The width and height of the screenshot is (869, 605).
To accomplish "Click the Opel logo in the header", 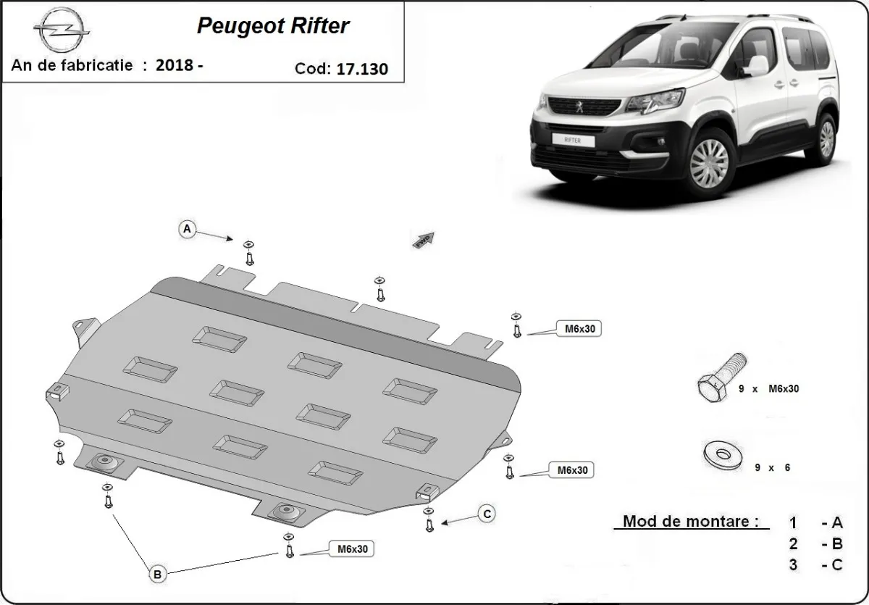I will [x=62, y=31].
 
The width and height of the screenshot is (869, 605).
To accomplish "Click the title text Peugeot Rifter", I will [x=273, y=27].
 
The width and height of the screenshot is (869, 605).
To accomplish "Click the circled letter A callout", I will [x=187, y=230].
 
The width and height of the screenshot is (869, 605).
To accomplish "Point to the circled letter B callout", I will [x=158, y=575].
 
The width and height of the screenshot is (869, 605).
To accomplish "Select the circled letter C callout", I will [x=487, y=514].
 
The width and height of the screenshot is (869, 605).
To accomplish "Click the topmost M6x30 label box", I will [x=578, y=328].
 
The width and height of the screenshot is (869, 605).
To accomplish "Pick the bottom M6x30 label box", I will [x=351, y=549].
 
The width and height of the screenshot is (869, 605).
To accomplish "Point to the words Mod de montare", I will [x=692, y=522].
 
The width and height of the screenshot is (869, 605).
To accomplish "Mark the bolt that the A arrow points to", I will [x=249, y=253].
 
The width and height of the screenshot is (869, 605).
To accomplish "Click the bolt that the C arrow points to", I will [x=429, y=521].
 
